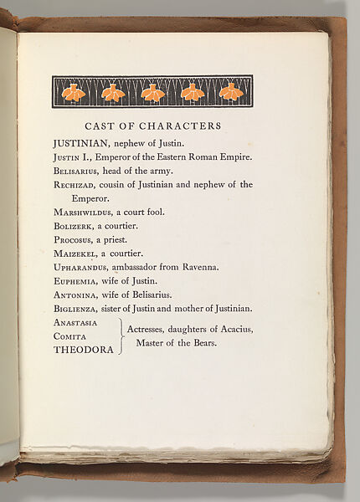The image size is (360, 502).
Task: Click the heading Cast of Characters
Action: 153,126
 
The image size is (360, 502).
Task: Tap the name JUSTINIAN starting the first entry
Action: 81,143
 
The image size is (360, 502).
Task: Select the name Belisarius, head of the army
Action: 76,170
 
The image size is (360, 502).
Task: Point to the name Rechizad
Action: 75,185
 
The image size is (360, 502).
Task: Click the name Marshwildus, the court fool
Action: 84,213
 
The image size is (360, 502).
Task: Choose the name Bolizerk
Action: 74,226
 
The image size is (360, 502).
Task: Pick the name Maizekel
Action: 75,254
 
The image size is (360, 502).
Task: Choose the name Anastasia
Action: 75,323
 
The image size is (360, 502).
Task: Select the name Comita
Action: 69,336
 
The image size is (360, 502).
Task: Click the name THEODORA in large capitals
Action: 83,351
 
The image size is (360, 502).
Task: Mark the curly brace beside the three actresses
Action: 121,336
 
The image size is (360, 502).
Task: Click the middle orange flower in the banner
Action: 152,93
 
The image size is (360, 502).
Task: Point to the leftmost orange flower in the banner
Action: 74,93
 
